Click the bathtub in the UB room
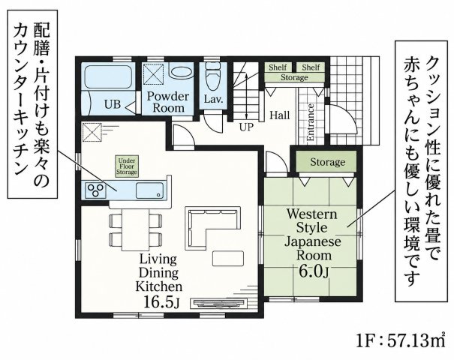point(109,76)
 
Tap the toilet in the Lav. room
point(213,76)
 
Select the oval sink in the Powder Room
point(180,72)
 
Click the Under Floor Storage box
point(127,166)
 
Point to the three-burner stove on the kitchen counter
point(95,190)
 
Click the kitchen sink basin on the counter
point(149,190)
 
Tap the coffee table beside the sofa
point(228,258)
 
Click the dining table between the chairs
point(136,229)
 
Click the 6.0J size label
point(314,271)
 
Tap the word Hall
point(280,115)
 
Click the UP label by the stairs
point(246,127)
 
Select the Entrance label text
point(311,122)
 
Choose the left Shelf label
point(278,67)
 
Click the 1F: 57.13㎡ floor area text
point(401,341)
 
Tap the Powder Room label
point(168,102)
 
